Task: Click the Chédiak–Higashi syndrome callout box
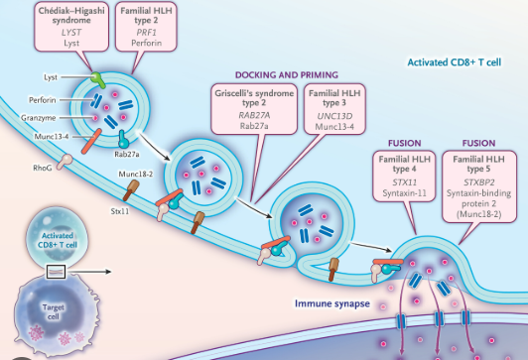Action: [71, 26]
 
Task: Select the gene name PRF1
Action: [146, 33]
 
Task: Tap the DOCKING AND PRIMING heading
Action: [287, 74]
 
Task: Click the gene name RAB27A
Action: [254, 115]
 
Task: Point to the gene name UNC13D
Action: [334, 116]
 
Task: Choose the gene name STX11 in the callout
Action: [404, 182]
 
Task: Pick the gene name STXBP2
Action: [478, 182]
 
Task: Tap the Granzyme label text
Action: [39, 118]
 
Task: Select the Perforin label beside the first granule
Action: [43, 100]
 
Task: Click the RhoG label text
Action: [43, 168]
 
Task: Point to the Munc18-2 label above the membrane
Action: [135, 174]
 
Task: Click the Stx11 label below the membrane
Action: [120, 211]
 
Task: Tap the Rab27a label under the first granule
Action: [127, 155]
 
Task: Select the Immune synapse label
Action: [332, 303]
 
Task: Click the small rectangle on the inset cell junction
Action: [56, 272]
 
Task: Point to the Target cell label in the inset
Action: [54, 311]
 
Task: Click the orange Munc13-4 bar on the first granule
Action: [91, 141]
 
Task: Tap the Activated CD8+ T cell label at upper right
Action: [455, 62]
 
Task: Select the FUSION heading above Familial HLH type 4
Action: [404, 144]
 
